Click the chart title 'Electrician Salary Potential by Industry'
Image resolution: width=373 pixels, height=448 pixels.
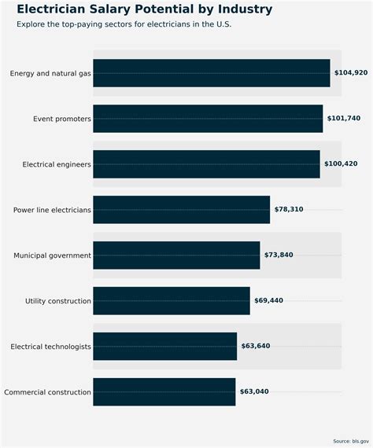(145, 9)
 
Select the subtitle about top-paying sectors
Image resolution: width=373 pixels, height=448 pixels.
(124, 24)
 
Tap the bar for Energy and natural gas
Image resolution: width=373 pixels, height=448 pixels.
(211, 73)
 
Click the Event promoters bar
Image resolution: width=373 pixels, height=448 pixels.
(208, 119)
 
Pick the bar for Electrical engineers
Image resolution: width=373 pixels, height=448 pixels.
(206, 164)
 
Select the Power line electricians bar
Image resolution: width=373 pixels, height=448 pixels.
(181, 210)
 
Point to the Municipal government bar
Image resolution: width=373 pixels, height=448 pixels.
(176, 255)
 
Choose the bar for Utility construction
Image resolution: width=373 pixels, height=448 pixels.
(171, 301)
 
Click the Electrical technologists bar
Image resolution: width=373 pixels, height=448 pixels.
(164, 347)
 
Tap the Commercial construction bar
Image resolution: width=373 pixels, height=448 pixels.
(164, 392)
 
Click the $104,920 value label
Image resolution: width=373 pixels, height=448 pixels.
(351, 73)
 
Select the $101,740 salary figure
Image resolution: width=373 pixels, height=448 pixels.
(344, 119)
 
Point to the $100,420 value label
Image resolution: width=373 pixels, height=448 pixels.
(341, 164)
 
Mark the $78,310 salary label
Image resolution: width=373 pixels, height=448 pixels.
(289, 210)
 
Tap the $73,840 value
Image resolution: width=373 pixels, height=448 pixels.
(279, 255)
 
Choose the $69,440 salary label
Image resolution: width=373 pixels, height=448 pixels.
(268, 301)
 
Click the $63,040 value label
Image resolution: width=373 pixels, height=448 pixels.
(254, 392)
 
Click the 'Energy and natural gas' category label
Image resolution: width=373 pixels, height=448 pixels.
(50, 73)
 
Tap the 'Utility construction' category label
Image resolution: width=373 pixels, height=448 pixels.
(58, 301)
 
